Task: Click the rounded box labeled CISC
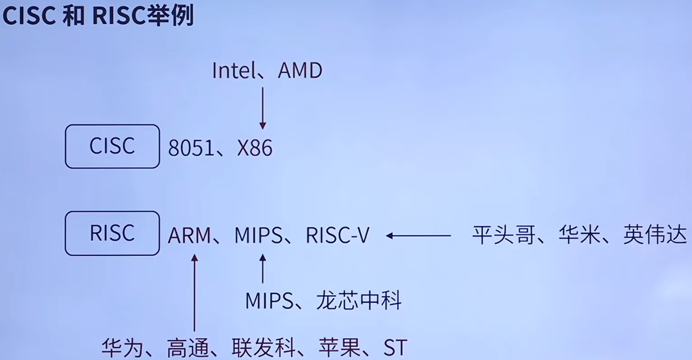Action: pos(112,147)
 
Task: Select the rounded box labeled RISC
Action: pos(112,233)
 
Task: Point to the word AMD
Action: pos(300,71)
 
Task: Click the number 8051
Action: pos(191,148)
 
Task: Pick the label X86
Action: pos(255,148)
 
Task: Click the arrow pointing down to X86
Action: pos(263,108)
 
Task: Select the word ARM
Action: pos(189,235)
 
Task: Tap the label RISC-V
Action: pos(338,235)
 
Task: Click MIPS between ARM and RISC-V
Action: pos(258,235)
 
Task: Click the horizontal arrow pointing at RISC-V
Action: pos(418,235)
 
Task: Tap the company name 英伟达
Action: pos(655,235)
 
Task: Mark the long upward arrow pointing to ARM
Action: pos(195,293)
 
